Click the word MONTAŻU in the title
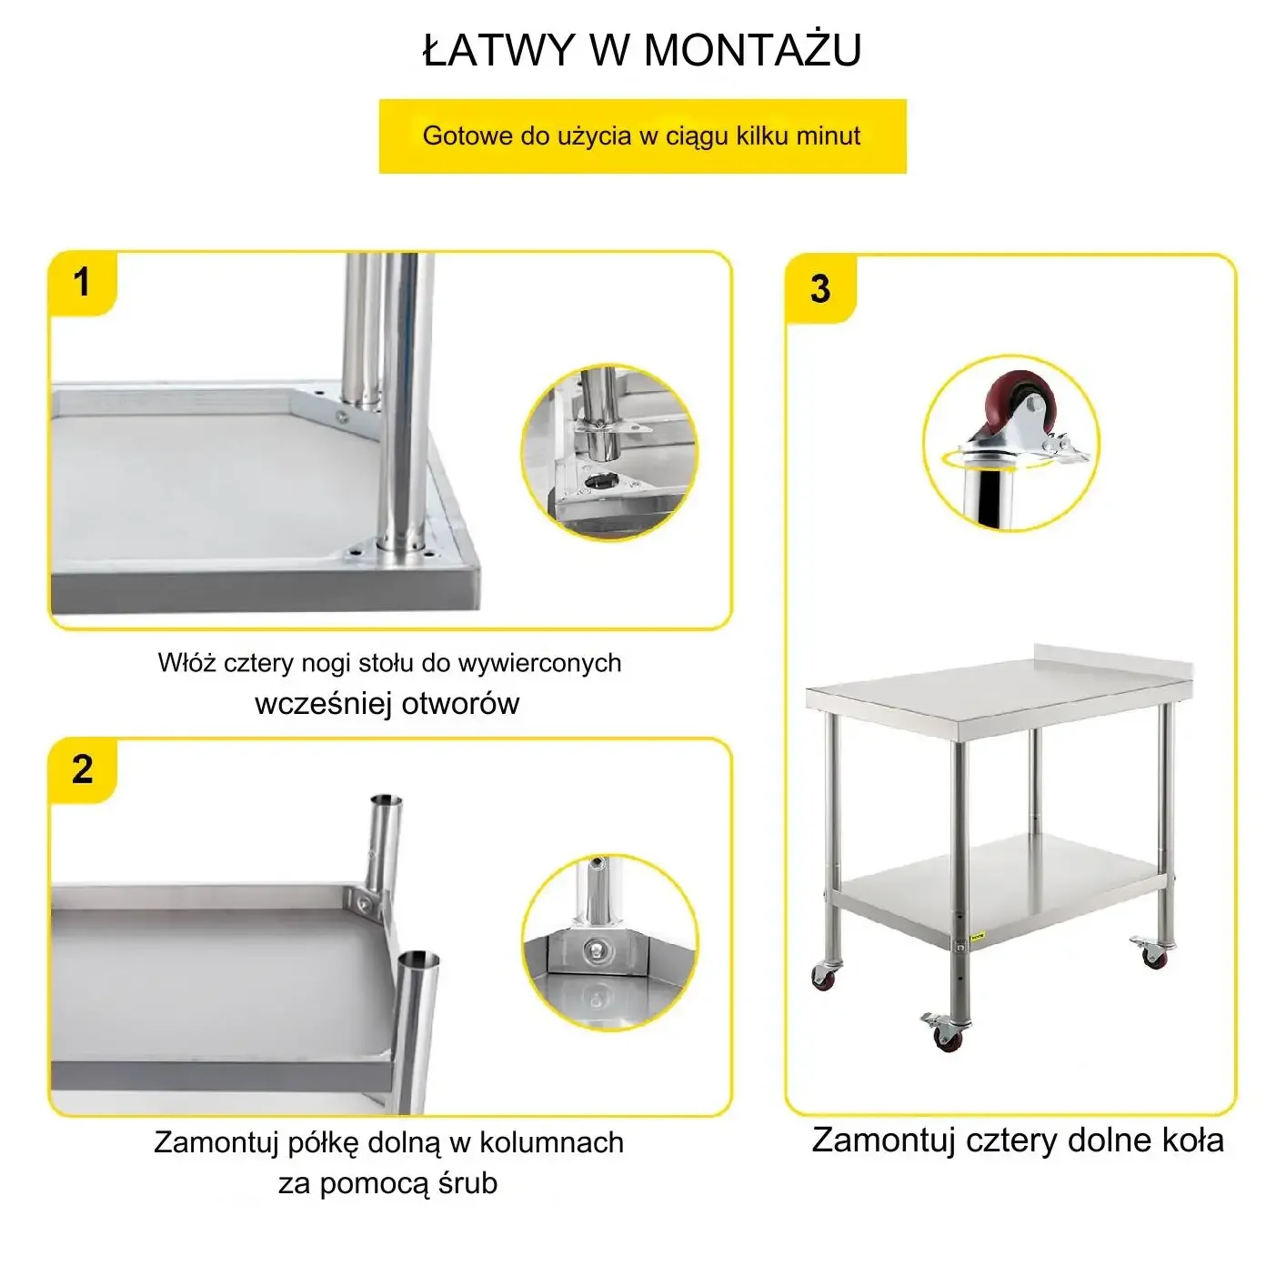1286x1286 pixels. point(753,50)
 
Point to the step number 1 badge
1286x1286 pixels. point(82,282)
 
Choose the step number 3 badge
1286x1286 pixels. point(820,289)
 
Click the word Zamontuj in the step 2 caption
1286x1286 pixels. point(216,1142)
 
